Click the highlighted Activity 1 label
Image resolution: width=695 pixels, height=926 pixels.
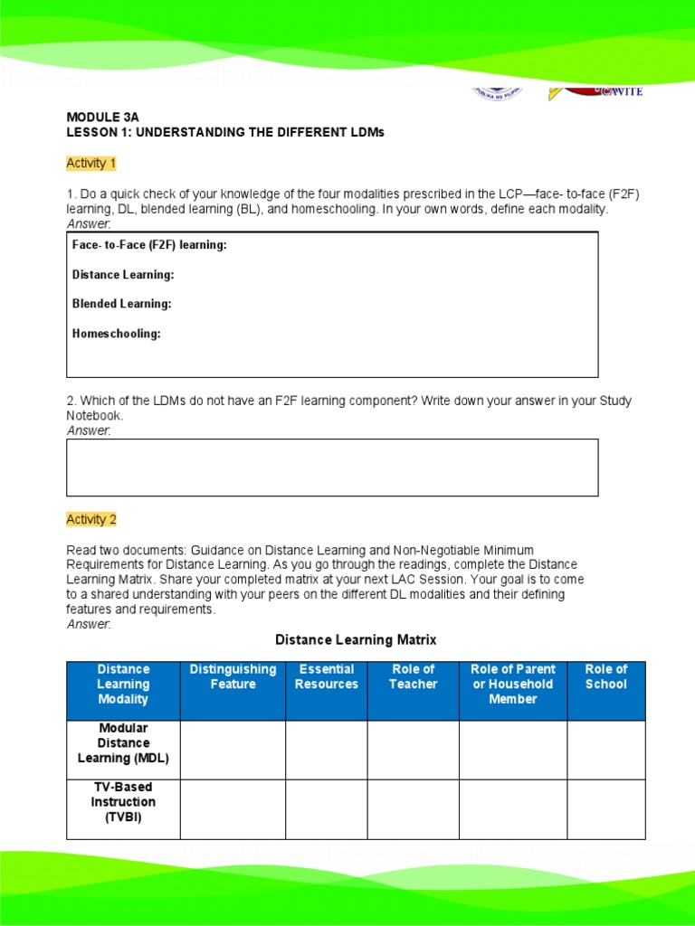pyautogui.click(x=91, y=164)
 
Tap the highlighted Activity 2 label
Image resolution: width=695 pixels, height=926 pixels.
pyautogui.click(x=91, y=520)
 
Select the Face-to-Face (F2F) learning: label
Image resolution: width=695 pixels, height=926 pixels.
pyautogui.click(x=149, y=245)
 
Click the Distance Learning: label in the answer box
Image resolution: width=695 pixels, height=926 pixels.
pyautogui.click(x=123, y=275)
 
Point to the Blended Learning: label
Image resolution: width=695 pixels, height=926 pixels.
pyautogui.click(x=121, y=304)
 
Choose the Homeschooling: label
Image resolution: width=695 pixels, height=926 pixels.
pyautogui.click(x=116, y=334)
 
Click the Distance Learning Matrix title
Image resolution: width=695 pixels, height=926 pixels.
pyautogui.click(x=356, y=640)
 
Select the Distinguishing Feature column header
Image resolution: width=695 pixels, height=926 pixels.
pyautogui.click(x=233, y=676)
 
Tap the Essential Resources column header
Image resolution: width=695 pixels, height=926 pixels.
pyautogui.click(x=326, y=676)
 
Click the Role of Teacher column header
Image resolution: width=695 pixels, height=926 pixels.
pyautogui.click(x=413, y=676)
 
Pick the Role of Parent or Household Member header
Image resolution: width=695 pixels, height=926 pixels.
pyautogui.click(x=512, y=684)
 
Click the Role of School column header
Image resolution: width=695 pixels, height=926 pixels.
pyautogui.click(x=605, y=676)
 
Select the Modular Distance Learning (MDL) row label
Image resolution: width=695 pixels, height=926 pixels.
pyautogui.click(x=123, y=743)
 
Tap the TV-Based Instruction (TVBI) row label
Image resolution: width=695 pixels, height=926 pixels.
pyautogui.click(x=123, y=802)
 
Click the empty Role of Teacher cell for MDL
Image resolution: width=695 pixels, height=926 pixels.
pyautogui.click(x=413, y=750)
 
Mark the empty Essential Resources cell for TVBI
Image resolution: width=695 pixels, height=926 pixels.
pyautogui.click(x=326, y=809)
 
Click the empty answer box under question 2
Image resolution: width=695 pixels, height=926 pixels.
pyautogui.click(x=332, y=468)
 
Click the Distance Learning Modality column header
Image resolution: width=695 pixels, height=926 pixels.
pyautogui.click(x=123, y=684)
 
